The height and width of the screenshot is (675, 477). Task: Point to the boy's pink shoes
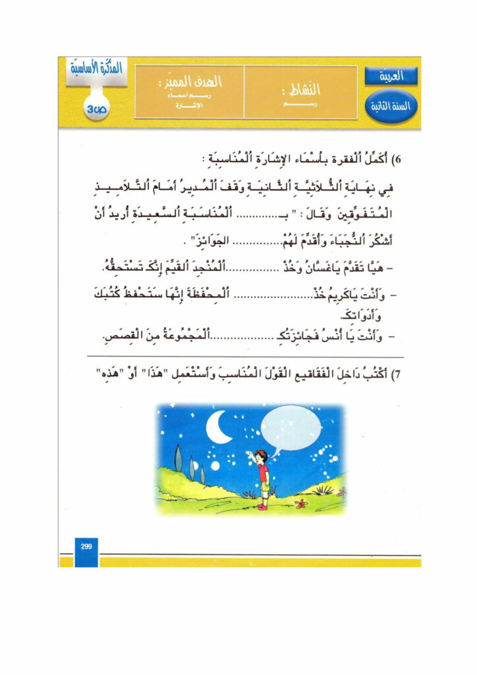(x=262, y=506)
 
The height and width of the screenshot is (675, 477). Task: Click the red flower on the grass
(x=304, y=503)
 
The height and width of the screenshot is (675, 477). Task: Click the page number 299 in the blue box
(x=86, y=546)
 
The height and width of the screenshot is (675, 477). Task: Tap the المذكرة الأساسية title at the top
(x=94, y=71)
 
